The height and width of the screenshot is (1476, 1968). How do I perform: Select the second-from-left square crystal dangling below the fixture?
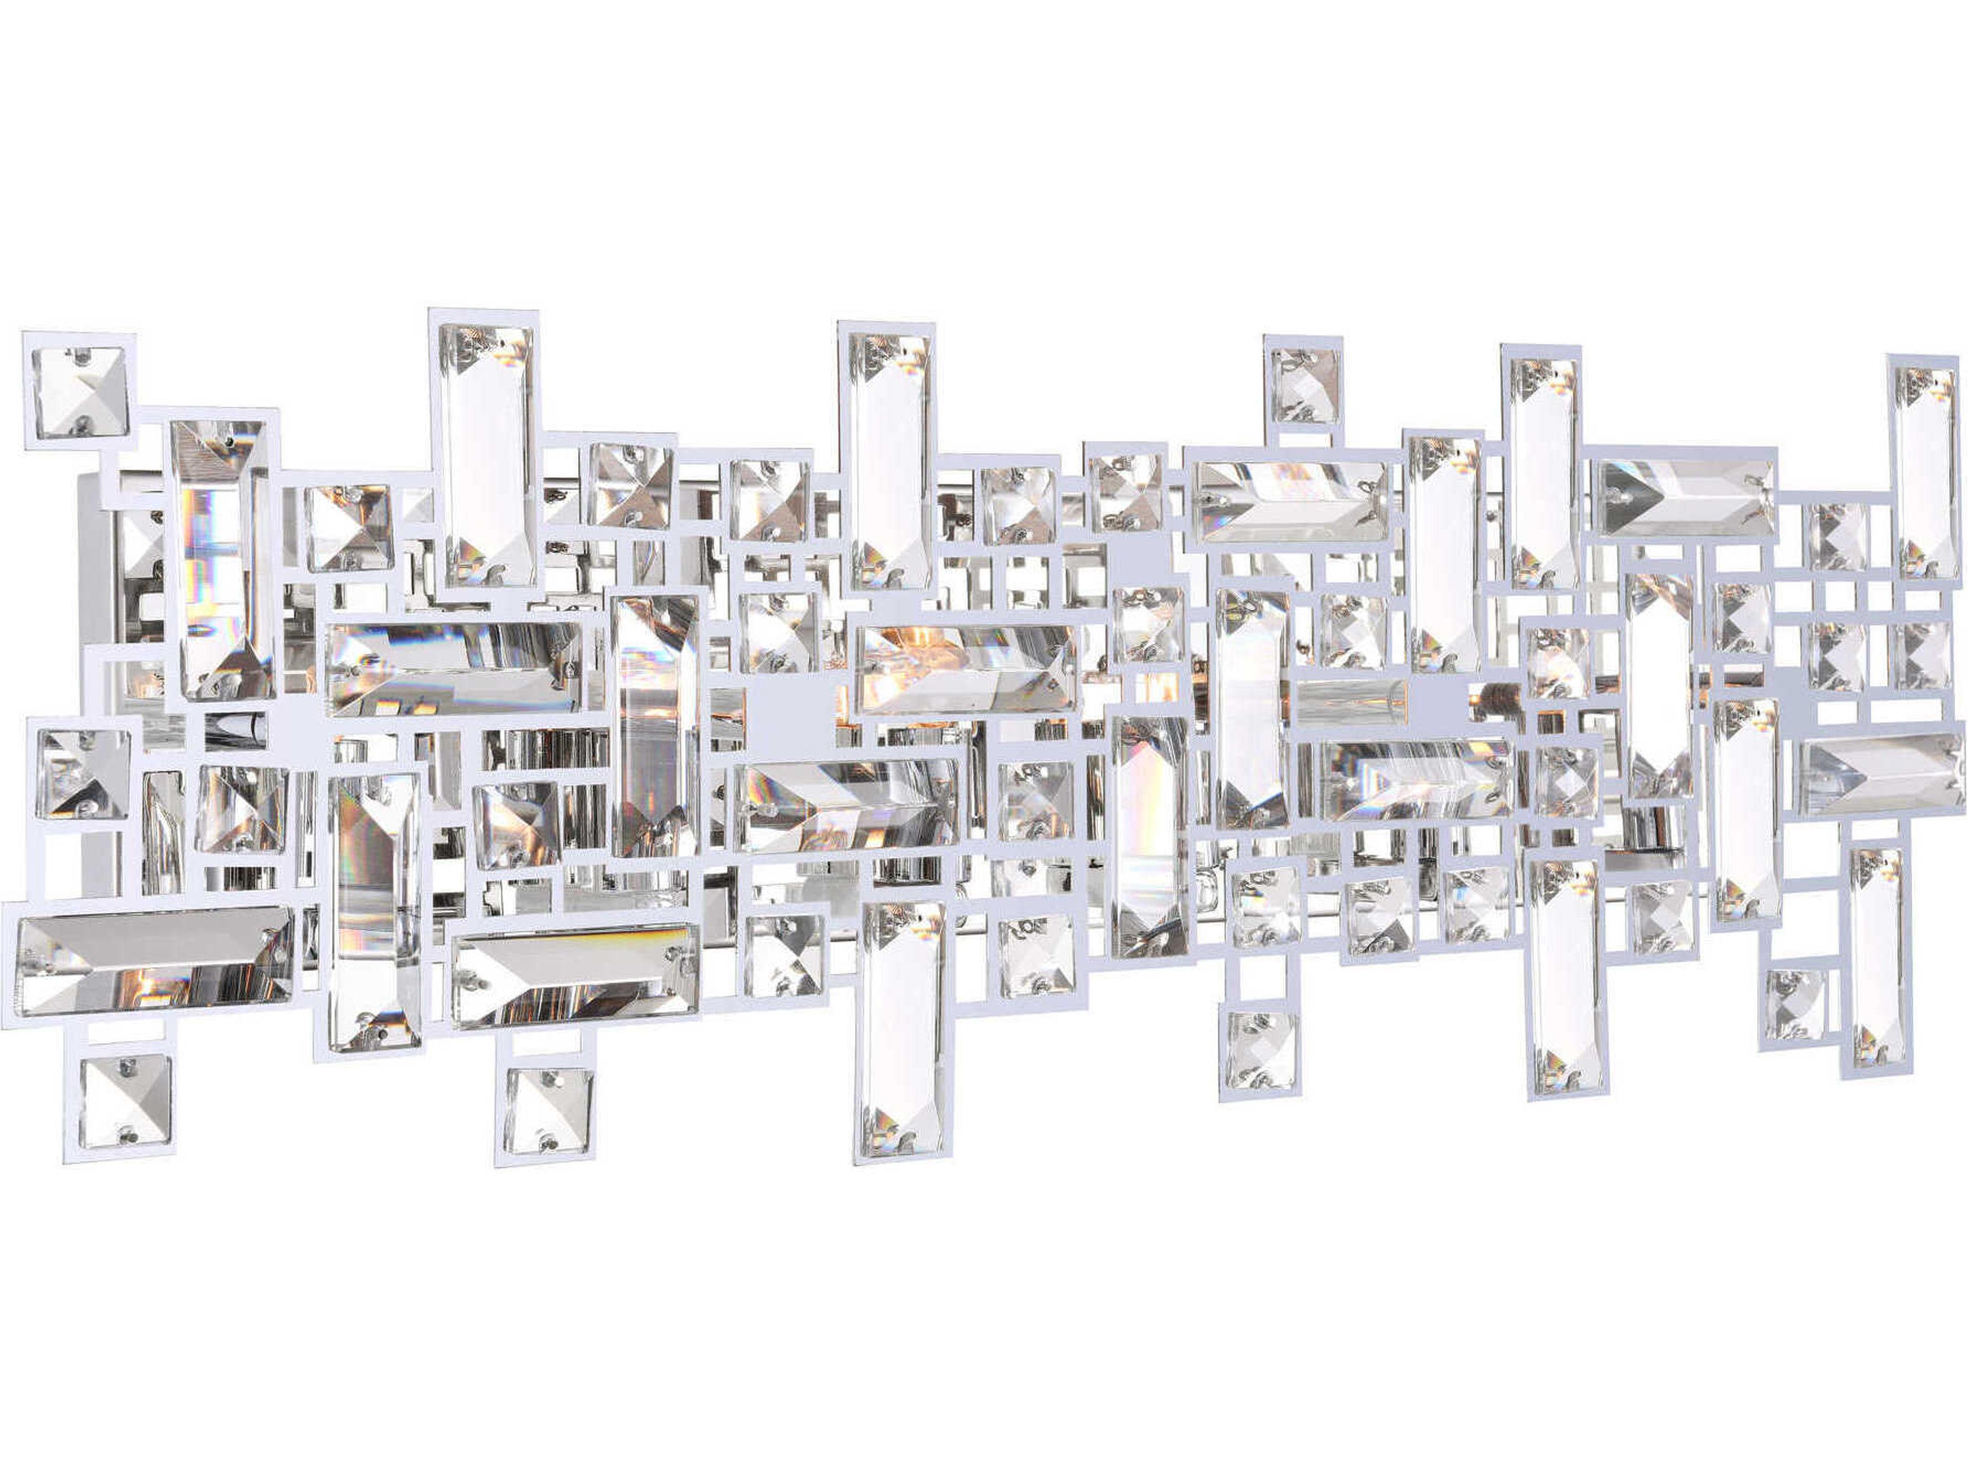point(547,1111)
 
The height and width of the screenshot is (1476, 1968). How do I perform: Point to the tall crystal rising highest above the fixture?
point(486,453)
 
